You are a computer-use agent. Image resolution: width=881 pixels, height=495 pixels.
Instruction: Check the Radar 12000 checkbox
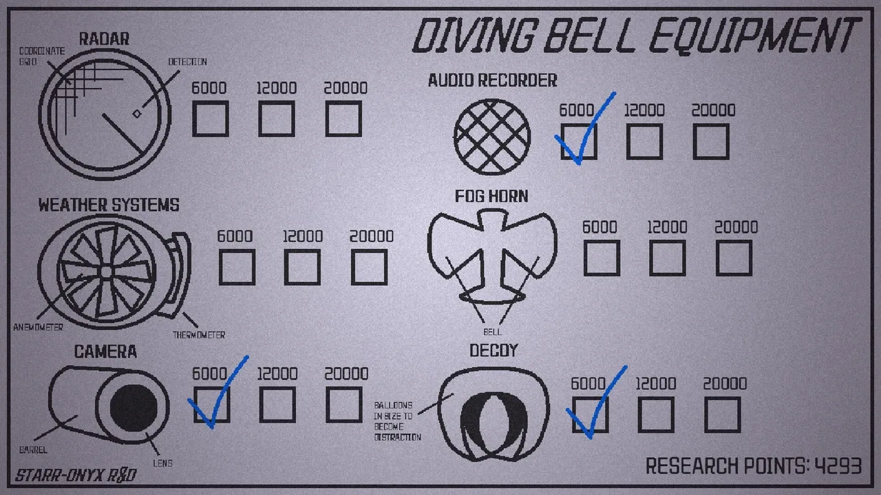277,119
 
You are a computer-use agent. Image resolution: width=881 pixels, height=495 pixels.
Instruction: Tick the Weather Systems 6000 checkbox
237,267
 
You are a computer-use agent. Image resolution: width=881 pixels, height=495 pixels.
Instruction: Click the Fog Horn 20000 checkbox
734,258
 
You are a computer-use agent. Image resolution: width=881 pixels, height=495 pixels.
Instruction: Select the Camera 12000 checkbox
277,405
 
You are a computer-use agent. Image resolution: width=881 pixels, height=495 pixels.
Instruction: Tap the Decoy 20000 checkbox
723,415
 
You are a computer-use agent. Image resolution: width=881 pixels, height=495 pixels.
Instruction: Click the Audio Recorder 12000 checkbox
644,142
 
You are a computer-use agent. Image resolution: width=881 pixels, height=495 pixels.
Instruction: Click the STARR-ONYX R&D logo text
76,475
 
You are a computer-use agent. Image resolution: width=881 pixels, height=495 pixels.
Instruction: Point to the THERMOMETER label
199,335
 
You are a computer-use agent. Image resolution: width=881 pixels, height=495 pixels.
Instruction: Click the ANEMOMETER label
38,327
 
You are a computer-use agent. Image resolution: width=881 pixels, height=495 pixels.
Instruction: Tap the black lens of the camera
134,408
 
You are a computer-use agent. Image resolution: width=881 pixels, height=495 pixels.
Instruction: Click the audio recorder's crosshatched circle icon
491,137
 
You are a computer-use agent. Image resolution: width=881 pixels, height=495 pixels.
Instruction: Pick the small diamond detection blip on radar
137,114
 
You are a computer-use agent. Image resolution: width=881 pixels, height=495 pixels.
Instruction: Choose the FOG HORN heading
491,197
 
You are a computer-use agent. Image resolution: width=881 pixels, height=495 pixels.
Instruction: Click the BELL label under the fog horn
492,332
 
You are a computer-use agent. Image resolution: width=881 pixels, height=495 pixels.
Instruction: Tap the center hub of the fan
107,272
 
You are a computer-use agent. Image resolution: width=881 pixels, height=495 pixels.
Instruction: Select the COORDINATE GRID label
42,56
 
